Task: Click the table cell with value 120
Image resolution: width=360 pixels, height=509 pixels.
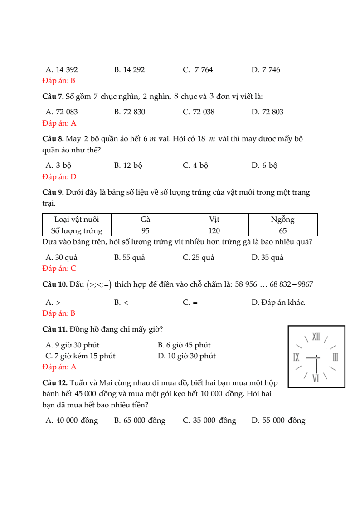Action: pyautogui.click(x=214, y=230)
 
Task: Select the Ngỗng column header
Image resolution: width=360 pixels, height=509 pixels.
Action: pyautogui.click(x=282, y=220)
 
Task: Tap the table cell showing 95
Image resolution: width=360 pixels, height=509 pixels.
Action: pyautogui.click(x=145, y=230)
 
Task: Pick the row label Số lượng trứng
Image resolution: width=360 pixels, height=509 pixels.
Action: pyautogui.click(x=77, y=230)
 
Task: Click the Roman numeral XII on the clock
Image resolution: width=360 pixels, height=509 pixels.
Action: pyautogui.click(x=316, y=337)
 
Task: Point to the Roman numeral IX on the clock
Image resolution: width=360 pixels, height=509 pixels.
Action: pyautogui.click(x=297, y=357)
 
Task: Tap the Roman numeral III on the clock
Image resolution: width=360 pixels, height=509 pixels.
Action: pyautogui.click(x=336, y=357)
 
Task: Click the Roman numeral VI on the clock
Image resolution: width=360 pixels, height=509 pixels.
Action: pyautogui.click(x=316, y=377)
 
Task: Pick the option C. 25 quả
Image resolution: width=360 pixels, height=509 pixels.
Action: pyautogui.click(x=199, y=257)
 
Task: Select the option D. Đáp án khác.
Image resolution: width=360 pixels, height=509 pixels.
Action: pyautogui.click(x=278, y=302)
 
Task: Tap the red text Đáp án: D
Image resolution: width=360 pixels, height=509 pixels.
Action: pyautogui.click(x=59, y=176)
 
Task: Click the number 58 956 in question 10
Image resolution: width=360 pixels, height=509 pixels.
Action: pyautogui.click(x=246, y=284)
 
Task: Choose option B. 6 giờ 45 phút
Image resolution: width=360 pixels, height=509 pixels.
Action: pyautogui.click(x=184, y=345)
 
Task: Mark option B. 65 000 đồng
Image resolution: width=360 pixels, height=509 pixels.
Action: pyautogui.click(x=140, y=421)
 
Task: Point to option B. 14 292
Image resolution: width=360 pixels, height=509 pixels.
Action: pyautogui.click(x=130, y=69)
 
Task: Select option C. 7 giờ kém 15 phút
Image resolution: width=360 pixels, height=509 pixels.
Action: pyautogui.click(x=81, y=356)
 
